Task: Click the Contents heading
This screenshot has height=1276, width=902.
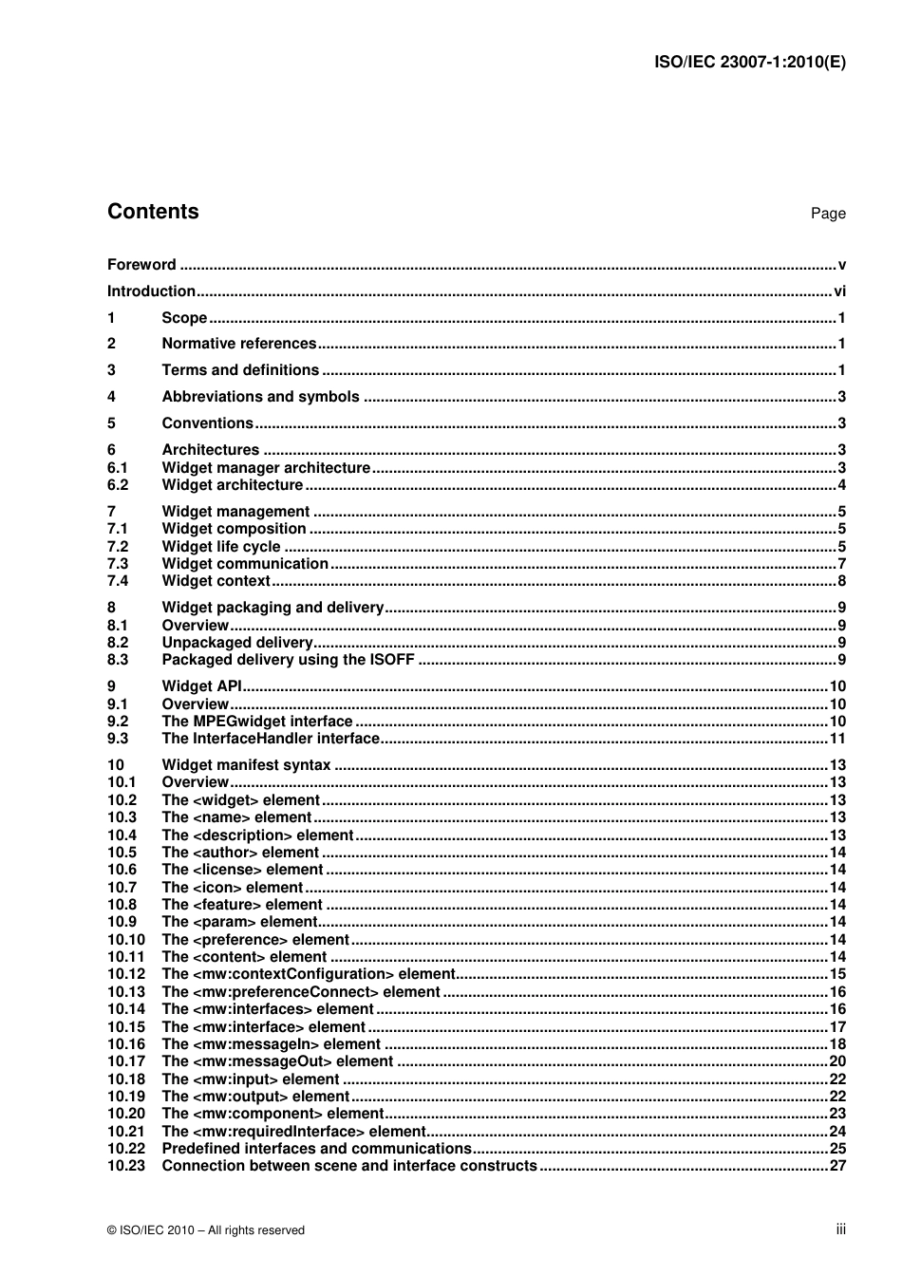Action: click(153, 212)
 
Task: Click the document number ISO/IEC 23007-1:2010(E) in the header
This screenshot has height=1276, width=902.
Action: click(749, 63)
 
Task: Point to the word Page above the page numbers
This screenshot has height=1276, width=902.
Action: click(827, 214)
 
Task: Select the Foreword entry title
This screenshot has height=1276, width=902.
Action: click(141, 265)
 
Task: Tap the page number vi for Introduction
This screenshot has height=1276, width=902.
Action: click(839, 291)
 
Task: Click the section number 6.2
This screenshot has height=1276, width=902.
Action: click(118, 485)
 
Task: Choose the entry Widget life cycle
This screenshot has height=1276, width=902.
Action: click(221, 547)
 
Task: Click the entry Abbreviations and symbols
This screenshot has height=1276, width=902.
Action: click(260, 397)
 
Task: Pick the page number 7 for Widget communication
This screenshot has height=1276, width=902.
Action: click(841, 564)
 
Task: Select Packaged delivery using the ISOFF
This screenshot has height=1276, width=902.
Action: click(288, 660)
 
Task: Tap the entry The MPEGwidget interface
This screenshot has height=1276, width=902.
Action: click(256, 722)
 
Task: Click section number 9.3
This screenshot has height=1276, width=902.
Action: click(118, 739)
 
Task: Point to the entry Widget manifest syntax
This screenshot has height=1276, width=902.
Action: click(246, 765)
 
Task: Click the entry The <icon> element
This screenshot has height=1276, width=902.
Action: click(232, 888)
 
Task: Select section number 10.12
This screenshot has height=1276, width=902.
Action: click(125, 974)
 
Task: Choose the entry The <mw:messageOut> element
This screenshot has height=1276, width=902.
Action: click(276, 1061)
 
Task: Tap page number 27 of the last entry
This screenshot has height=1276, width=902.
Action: click(837, 1166)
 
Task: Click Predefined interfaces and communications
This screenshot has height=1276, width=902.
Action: click(316, 1149)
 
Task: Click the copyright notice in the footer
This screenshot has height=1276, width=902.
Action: click(206, 1230)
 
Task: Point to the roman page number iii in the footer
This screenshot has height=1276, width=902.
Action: click(840, 1229)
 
